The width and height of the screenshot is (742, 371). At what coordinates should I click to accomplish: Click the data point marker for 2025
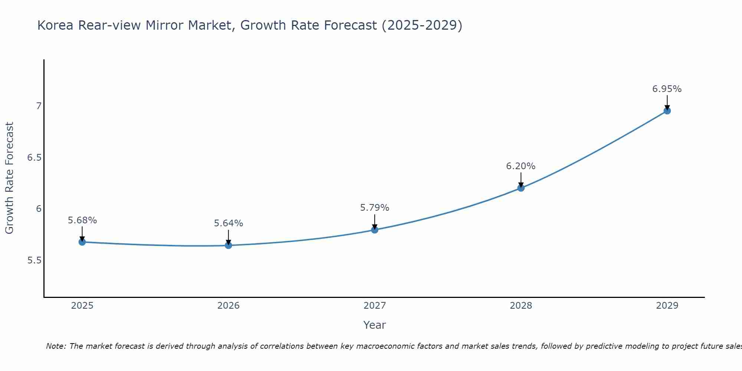click(x=82, y=242)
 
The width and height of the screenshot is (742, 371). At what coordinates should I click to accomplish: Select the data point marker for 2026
click(x=228, y=245)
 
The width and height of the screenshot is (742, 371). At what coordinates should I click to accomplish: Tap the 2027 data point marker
click(x=374, y=230)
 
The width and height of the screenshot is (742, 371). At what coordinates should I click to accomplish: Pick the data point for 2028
click(x=521, y=188)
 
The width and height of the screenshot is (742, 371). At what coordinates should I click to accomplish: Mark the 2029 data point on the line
click(x=667, y=111)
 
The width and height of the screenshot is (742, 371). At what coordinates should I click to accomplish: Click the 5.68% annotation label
click(x=82, y=220)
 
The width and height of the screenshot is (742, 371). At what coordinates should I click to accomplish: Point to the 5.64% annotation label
click(x=228, y=223)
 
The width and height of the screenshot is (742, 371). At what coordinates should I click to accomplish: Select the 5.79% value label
click(x=374, y=208)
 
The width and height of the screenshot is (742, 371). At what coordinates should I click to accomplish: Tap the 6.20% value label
click(x=521, y=166)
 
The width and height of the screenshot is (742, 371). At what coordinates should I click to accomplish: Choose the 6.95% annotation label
click(x=667, y=89)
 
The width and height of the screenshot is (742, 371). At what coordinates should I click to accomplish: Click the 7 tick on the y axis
click(x=39, y=106)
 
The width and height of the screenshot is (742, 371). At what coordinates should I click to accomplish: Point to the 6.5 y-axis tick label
click(x=34, y=158)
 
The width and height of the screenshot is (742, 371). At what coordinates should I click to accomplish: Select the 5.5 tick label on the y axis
click(x=34, y=260)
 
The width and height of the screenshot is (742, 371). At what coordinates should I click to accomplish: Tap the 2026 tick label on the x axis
click(x=228, y=306)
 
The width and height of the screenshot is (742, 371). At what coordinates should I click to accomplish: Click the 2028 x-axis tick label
click(x=521, y=306)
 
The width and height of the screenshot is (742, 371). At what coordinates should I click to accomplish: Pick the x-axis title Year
click(x=374, y=325)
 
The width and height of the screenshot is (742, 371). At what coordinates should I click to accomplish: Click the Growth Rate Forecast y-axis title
click(x=9, y=178)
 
